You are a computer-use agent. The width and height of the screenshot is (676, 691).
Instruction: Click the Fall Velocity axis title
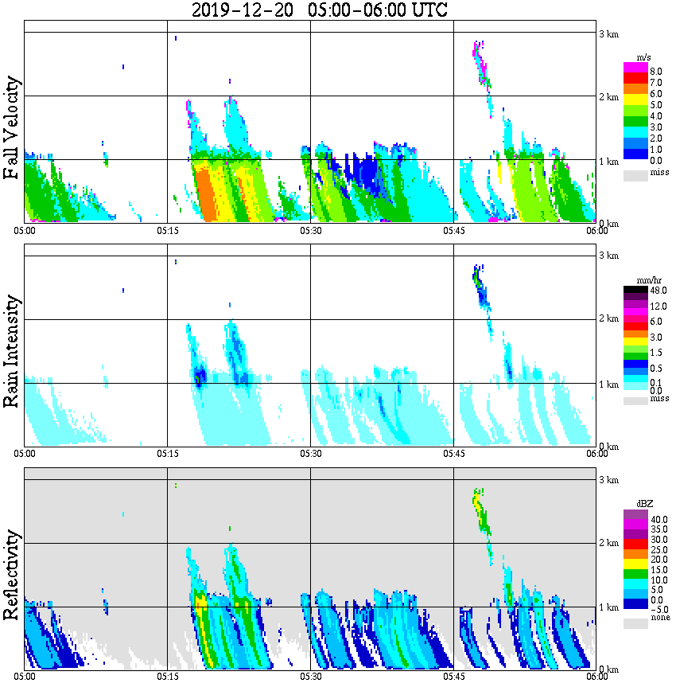[12, 128]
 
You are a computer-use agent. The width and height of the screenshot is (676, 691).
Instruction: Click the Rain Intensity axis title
[12, 351]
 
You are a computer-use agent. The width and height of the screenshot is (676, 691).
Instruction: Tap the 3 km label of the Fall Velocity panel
[608, 33]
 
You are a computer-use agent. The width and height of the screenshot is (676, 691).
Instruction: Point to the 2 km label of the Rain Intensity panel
[608, 319]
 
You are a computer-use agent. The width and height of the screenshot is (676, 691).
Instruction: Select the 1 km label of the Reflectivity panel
[608, 607]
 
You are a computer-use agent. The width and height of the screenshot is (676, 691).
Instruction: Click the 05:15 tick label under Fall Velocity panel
[167, 231]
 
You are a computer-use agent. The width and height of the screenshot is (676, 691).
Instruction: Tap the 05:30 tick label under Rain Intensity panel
[310, 454]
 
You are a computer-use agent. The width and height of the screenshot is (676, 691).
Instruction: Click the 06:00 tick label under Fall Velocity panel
[596, 231]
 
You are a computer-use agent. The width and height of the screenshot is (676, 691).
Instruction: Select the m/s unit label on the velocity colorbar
[645, 57]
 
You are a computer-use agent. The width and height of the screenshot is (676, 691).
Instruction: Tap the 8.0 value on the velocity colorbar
[656, 71]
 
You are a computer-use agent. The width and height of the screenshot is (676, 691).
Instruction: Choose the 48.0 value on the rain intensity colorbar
[658, 291]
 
